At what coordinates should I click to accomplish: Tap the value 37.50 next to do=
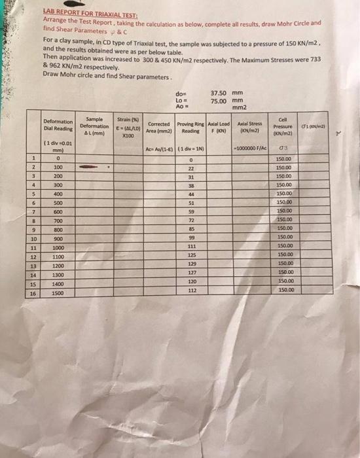pyautogui.click(x=219, y=93)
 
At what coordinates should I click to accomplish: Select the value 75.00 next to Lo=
pyautogui.click(x=219, y=100)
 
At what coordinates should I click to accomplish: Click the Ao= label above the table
pyautogui.click(x=181, y=107)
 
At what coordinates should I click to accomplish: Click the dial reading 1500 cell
pyautogui.click(x=58, y=294)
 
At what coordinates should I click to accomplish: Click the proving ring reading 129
pyautogui.click(x=192, y=262)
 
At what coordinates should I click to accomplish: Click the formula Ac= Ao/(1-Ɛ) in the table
pyautogui.click(x=159, y=149)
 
